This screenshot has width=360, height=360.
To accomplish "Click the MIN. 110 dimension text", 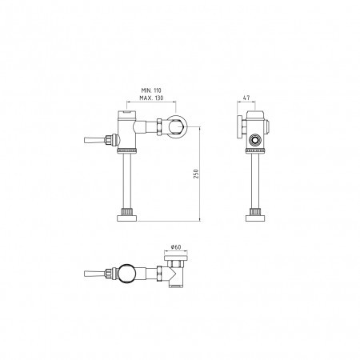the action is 151,90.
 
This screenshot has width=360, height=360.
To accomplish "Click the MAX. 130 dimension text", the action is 151,98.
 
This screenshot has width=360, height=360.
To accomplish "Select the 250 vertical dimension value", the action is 197,174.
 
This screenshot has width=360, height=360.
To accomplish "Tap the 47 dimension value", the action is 246,98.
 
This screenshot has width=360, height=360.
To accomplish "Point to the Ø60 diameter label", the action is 176,247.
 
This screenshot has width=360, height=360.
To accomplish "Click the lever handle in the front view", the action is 94,140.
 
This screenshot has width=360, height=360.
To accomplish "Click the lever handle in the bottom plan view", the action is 94,274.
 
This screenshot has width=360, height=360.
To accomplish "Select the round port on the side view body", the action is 254,140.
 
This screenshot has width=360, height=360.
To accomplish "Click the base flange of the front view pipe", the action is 127,218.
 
